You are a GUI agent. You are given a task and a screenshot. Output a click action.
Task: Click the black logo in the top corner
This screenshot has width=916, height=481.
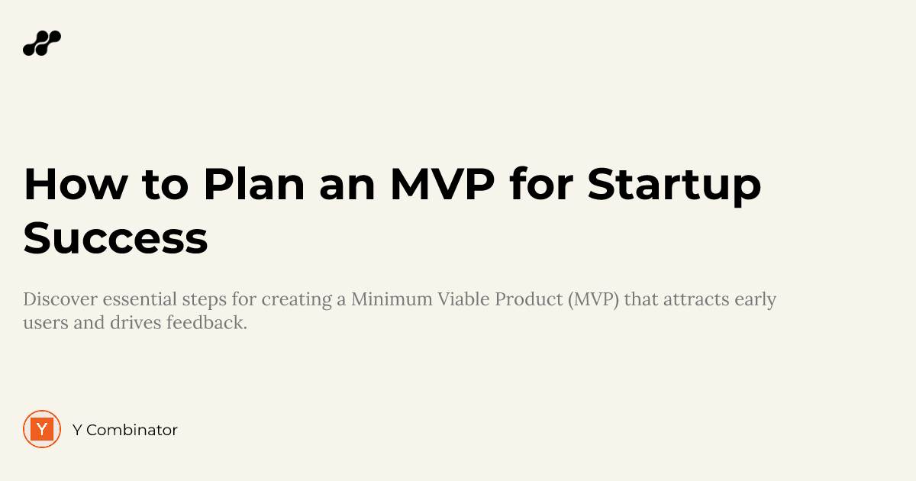[x=42, y=44]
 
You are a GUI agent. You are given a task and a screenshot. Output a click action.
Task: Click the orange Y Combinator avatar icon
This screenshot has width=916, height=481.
[x=42, y=429]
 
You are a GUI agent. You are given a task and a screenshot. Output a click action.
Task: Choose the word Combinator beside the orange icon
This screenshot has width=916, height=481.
[x=131, y=430]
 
